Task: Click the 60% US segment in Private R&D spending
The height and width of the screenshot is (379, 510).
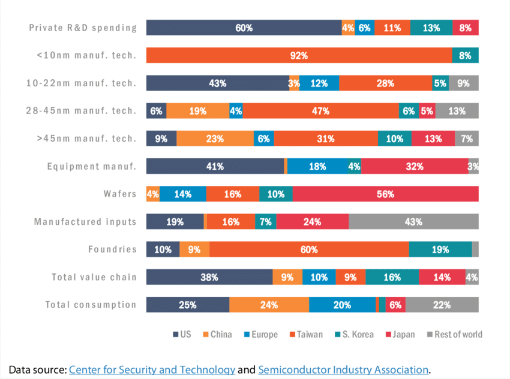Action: tap(244, 28)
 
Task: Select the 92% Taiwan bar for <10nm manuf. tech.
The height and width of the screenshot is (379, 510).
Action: tap(299, 55)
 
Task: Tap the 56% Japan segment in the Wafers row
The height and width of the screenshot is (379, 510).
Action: tap(385, 194)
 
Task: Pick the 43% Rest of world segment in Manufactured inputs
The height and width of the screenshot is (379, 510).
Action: tap(413, 222)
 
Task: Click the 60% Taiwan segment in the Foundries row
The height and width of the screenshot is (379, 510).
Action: tap(309, 249)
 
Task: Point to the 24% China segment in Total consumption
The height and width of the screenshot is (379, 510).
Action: tap(269, 305)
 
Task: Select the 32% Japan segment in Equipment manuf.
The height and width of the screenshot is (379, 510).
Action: tap(415, 167)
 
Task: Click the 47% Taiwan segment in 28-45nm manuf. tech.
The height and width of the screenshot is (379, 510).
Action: tap(321, 111)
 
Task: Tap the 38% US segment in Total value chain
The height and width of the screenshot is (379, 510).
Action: tap(209, 277)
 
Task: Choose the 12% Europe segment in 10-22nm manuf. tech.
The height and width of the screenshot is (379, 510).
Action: tap(319, 83)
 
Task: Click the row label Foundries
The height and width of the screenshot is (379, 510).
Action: tap(112, 249)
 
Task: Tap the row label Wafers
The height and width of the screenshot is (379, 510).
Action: tap(120, 194)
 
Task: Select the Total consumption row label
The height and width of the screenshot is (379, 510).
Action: tap(91, 305)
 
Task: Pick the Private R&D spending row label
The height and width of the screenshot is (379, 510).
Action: tap(83, 28)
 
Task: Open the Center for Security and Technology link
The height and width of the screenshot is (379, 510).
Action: tap(152, 369)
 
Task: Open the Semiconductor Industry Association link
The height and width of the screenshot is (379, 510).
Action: tap(343, 369)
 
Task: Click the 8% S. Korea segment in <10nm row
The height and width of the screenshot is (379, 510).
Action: tap(465, 55)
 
